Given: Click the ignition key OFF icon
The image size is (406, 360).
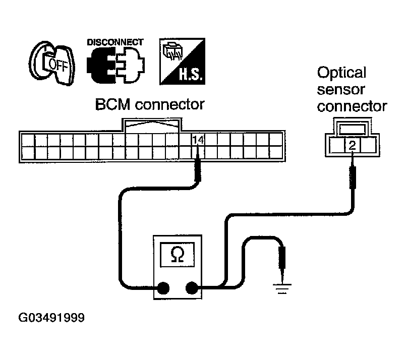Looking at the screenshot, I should click(51, 63).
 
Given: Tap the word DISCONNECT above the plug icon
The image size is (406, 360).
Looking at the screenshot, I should click(115, 42).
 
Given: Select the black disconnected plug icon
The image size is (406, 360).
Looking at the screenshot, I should click(114, 66).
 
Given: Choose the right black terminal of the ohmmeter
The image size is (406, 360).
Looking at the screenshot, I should click(192, 288).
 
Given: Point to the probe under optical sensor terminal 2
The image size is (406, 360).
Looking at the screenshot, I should click(353, 174).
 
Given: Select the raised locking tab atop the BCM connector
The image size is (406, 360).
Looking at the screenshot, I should click(152, 125).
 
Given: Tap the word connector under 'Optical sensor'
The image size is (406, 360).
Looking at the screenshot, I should click(352, 106).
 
